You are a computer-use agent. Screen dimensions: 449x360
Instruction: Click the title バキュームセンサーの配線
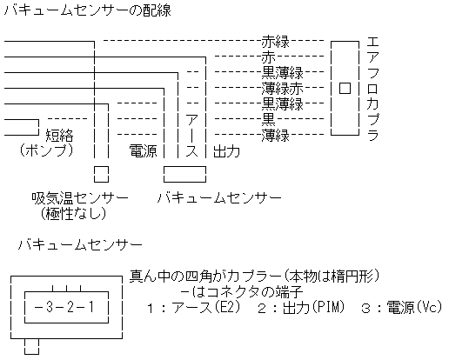(x=88, y=10)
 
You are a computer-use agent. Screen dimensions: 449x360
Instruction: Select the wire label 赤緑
(x=275, y=42)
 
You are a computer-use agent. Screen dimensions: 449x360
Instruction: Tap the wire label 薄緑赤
(x=282, y=89)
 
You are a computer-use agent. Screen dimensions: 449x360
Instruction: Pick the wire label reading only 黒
(x=268, y=119)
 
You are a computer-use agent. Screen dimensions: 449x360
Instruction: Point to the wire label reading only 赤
(x=268, y=57)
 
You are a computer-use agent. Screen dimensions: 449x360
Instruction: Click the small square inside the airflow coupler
(x=345, y=88)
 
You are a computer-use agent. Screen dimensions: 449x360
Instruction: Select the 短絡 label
(x=60, y=136)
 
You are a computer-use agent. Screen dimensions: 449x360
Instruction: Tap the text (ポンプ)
(x=46, y=150)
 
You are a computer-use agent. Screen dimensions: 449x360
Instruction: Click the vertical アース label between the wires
(x=191, y=136)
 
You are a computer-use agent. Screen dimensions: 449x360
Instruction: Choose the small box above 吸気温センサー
(x=101, y=174)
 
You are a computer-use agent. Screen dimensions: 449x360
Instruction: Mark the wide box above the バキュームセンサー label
(x=184, y=174)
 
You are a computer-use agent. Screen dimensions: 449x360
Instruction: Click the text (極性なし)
(x=73, y=213)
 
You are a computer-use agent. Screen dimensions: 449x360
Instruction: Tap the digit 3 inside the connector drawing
(x=50, y=307)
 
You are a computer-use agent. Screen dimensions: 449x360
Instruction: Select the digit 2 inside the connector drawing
(x=70, y=307)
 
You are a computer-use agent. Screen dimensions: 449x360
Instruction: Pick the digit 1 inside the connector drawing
(x=91, y=307)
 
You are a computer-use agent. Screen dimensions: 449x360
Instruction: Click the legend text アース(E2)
(x=205, y=307)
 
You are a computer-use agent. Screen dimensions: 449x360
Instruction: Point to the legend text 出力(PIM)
(x=313, y=307)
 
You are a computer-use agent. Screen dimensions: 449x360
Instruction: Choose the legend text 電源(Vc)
(x=414, y=307)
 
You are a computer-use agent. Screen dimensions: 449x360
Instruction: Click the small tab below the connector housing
(x=31, y=346)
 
